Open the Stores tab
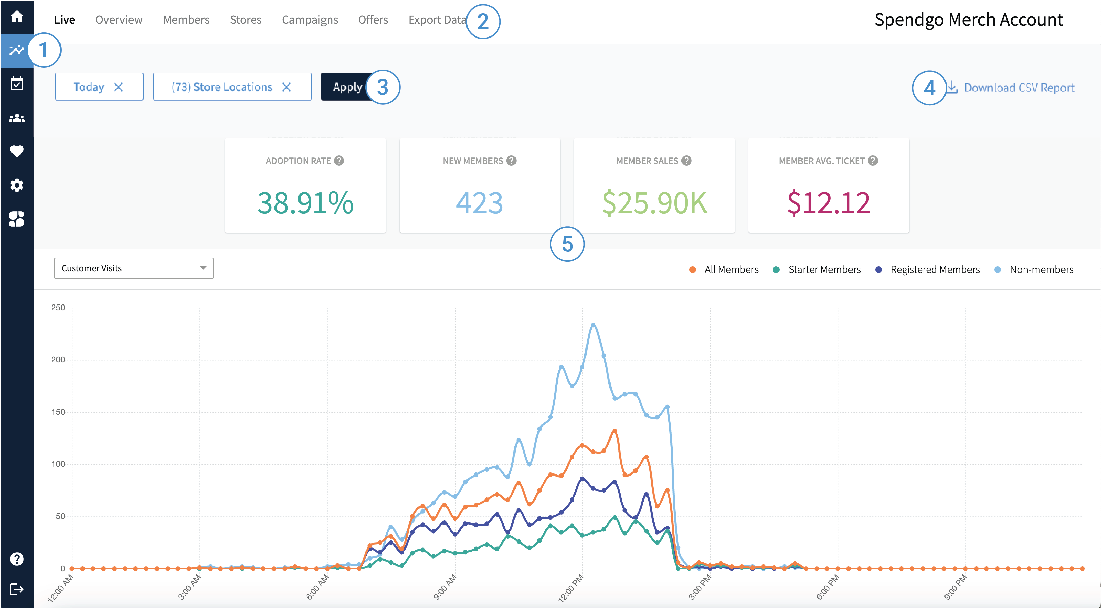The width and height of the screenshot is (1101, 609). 245,20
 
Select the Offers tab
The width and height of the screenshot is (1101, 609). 373,20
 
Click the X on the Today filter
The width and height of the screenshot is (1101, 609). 118,87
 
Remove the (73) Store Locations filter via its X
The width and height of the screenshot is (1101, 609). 286,87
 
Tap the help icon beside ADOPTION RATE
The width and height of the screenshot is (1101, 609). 339,161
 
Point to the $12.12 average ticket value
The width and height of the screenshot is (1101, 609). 828,202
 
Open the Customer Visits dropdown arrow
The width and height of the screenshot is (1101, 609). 203,268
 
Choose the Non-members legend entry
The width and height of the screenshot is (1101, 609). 1041,270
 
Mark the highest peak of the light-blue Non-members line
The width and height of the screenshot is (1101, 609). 593,325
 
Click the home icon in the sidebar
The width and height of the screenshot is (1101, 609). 17,17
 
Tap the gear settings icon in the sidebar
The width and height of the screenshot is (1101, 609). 17,185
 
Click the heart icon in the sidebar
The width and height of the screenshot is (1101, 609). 17,151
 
